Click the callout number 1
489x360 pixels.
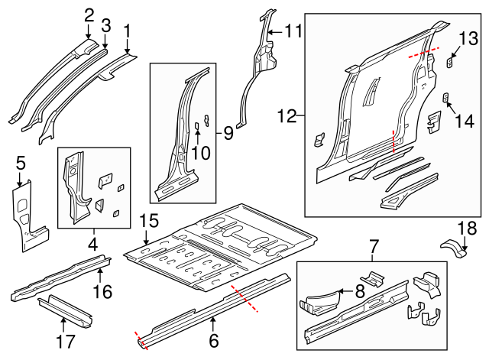click(127, 31)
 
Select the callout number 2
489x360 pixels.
click(89, 14)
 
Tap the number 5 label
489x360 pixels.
click(21, 162)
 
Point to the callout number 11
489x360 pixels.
click(294, 31)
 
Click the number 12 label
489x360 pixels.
click(287, 117)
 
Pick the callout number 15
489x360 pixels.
click(149, 222)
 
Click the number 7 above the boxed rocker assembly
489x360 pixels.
click(374, 246)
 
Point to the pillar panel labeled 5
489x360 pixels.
click(25, 214)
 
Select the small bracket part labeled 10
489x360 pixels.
click(196, 126)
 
